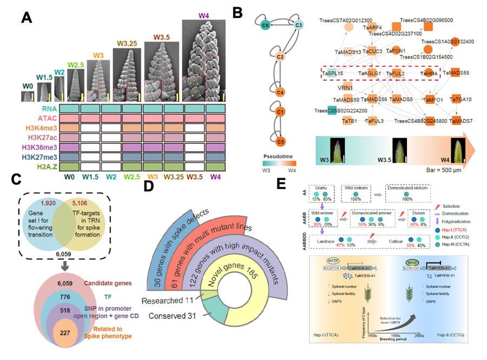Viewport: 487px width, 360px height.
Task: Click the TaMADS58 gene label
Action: [x=457, y=73]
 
